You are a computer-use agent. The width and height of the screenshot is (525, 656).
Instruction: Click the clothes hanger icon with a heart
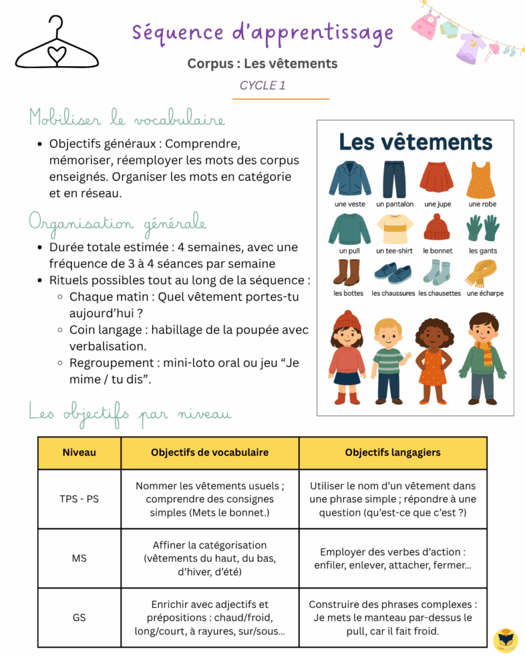[58, 45]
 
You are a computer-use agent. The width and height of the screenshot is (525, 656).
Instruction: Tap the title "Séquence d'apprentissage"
[263, 32]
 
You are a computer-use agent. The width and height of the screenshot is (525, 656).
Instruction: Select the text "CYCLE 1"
[263, 85]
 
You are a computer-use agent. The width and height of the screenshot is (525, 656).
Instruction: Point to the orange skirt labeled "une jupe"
[437, 179]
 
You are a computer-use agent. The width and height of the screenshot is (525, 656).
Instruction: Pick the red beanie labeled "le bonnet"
[437, 227]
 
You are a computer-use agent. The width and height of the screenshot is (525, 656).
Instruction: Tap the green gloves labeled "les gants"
[482, 228]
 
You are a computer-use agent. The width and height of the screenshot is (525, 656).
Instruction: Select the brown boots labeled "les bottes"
[347, 272]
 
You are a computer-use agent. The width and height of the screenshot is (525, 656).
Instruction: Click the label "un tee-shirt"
[394, 250]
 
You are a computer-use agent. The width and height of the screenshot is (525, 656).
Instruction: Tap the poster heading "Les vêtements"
[415, 142]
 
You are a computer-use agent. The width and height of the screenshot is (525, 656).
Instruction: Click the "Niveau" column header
[79, 452]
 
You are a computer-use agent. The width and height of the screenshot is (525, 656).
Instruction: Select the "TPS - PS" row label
[79, 498]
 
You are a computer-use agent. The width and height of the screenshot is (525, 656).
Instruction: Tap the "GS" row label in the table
[79, 618]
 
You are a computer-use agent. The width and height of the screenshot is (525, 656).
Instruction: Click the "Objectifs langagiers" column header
[392, 452]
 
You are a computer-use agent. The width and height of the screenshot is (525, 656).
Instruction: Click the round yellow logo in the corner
[505, 639]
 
